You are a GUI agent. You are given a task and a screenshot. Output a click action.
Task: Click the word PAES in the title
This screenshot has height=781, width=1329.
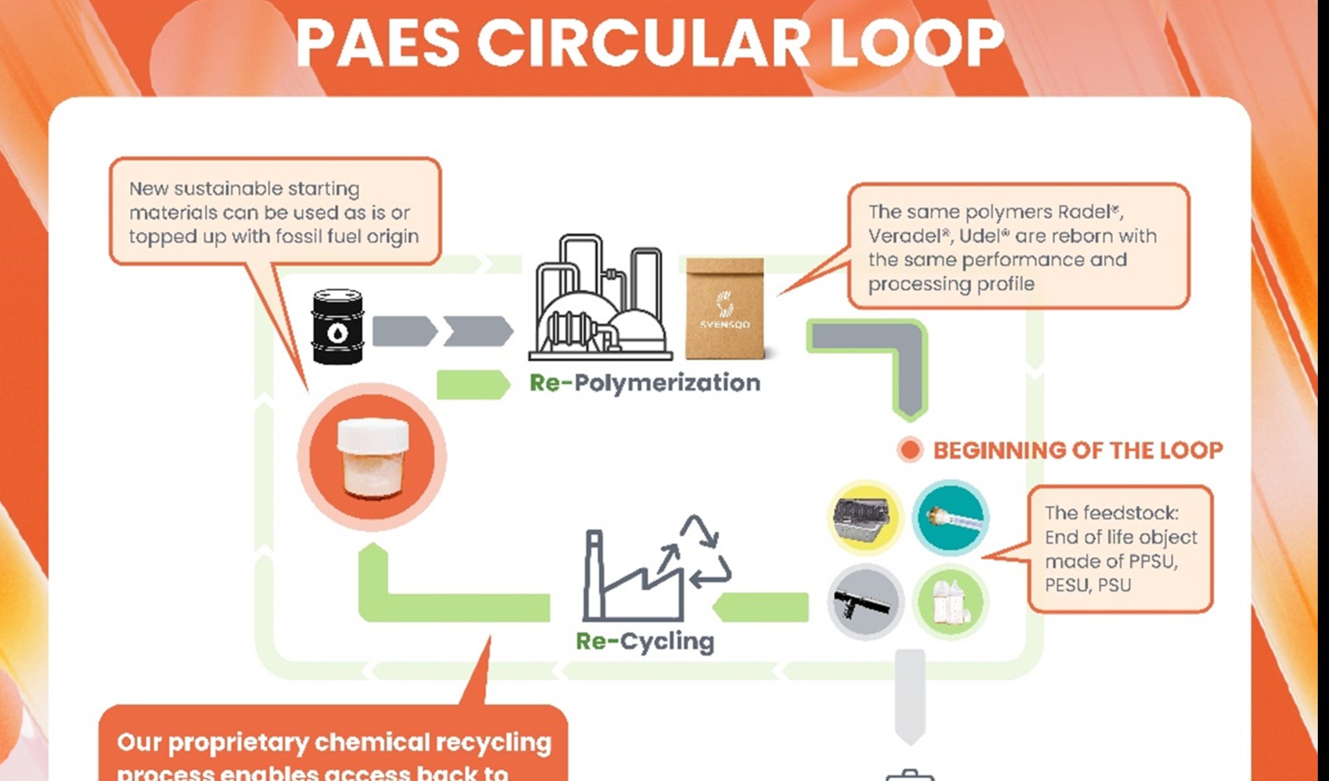click(x=378, y=44)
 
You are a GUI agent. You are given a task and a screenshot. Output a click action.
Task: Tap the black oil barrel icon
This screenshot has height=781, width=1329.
click(x=337, y=326)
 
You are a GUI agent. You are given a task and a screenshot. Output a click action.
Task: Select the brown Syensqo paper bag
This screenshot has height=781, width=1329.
click(x=725, y=309)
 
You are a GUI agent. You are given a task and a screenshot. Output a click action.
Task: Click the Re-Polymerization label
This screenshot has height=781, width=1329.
click(x=645, y=382)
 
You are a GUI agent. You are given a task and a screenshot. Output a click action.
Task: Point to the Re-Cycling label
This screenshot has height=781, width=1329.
click(x=645, y=641)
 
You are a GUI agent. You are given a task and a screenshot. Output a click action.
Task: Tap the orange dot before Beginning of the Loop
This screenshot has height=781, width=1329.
click(x=910, y=450)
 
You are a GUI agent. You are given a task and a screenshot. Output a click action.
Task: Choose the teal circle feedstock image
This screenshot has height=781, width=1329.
click(x=950, y=517)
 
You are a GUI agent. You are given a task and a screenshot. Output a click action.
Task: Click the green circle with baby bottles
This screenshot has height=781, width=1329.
click(x=950, y=602)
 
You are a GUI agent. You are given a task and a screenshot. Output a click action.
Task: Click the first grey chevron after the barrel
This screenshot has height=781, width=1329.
click(x=404, y=331)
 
